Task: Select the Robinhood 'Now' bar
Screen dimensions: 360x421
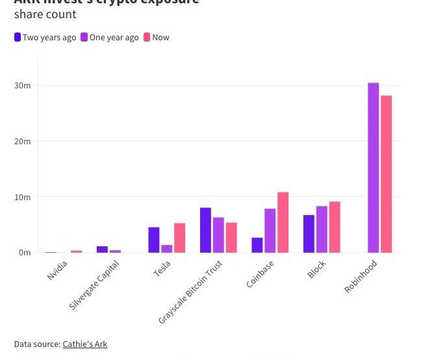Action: tap(386, 174)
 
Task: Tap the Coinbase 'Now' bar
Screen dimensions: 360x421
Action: tap(283, 222)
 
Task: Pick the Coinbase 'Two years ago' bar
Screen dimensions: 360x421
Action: tap(257, 245)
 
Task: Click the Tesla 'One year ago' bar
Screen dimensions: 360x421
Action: tap(167, 248)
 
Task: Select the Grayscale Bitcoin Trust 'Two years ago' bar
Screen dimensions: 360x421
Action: tap(205, 230)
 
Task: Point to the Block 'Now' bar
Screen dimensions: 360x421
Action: tap(335, 227)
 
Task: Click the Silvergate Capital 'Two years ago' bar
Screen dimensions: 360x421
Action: tap(102, 249)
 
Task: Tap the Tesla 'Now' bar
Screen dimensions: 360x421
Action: tap(179, 238)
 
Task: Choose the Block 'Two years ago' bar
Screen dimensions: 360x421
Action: tap(309, 233)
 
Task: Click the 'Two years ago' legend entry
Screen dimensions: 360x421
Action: tap(45, 37)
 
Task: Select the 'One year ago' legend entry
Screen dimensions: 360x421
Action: tap(110, 37)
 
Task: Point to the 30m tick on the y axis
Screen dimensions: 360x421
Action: tap(22, 86)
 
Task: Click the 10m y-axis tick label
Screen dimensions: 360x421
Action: tap(22, 197)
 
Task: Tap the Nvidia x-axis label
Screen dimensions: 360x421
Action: tap(57, 270)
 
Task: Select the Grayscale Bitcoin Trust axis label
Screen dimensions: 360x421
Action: tap(190, 292)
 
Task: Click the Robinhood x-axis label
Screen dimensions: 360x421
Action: tap(361, 276)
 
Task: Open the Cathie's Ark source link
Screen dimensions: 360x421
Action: tap(84, 344)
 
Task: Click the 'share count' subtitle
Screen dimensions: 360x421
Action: tap(45, 14)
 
